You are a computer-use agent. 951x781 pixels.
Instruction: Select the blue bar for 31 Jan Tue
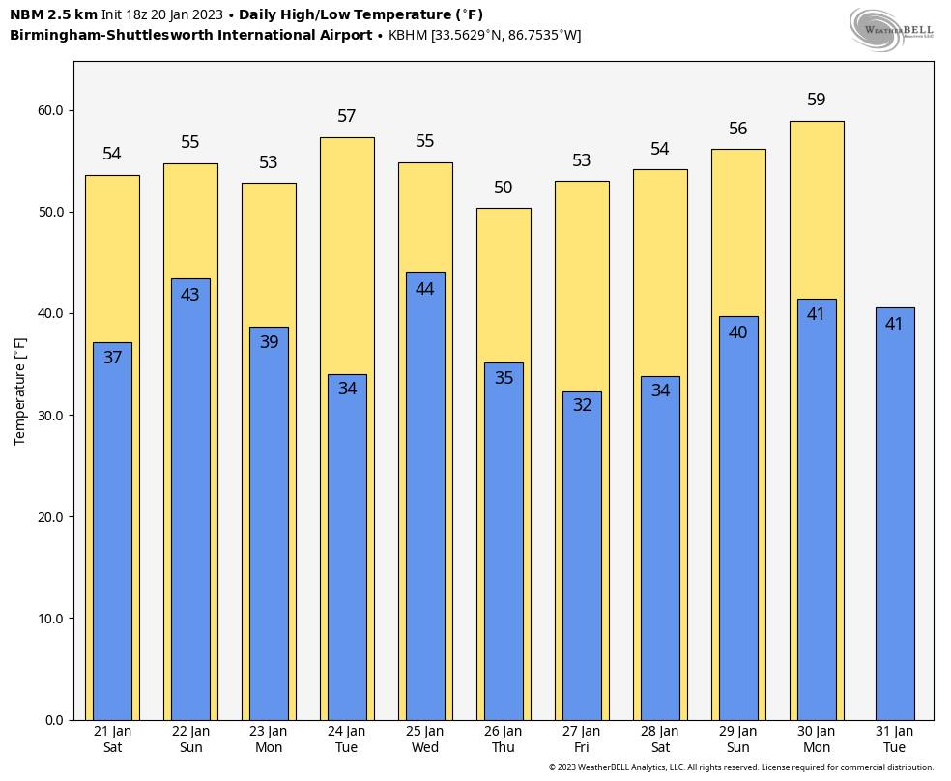click(894, 522)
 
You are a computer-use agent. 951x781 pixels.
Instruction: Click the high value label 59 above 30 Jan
click(816, 100)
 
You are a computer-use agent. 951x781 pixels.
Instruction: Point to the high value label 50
click(504, 188)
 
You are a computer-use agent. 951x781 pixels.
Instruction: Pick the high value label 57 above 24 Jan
click(347, 116)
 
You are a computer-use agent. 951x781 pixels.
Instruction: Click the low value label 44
click(424, 289)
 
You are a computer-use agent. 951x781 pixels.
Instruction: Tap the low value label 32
click(582, 405)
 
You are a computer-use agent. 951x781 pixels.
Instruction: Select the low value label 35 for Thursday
click(504, 378)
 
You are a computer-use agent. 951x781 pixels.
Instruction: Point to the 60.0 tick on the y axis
click(50, 111)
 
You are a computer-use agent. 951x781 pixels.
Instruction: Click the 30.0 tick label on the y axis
click(50, 416)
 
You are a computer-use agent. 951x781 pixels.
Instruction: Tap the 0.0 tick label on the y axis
click(54, 720)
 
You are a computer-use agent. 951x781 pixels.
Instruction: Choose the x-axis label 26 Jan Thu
click(504, 739)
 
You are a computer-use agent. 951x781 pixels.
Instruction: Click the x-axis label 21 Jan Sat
click(113, 739)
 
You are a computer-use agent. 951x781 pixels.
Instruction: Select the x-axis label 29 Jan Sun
click(738, 739)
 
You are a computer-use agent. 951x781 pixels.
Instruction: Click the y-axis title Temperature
click(20, 391)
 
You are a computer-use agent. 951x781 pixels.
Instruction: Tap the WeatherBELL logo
click(891, 29)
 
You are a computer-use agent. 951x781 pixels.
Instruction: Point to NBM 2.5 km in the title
click(53, 14)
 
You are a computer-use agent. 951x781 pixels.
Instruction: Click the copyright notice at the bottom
click(741, 767)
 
